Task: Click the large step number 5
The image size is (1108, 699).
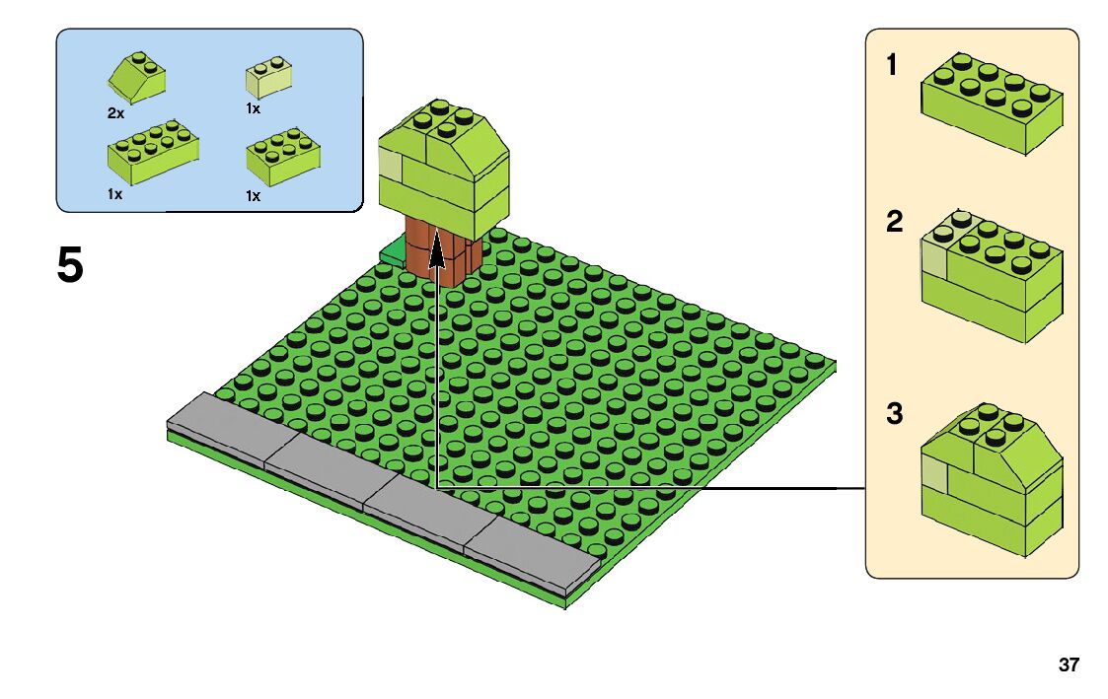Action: (70, 265)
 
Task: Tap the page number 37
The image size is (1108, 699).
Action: (1069, 665)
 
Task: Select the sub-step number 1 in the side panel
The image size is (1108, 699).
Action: (892, 66)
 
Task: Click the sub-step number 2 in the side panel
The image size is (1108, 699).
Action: (894, 222)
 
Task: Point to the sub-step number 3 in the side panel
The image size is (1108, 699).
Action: (894, 413)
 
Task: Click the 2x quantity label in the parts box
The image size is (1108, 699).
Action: (115, 113)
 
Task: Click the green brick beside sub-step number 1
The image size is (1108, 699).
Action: (991, 105)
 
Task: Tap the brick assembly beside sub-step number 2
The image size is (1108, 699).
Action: (991, 275)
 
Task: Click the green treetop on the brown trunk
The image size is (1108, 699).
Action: (445, 163)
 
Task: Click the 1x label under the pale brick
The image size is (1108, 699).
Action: (254, 108)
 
